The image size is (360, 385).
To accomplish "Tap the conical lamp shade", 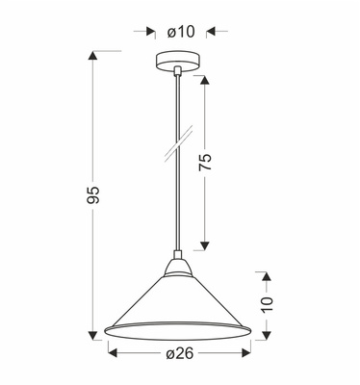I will pyautogui.click(x=179, y=303).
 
